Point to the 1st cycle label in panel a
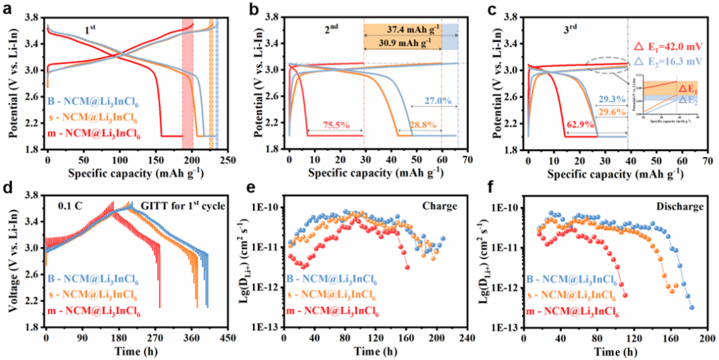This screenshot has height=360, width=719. click(91, 31)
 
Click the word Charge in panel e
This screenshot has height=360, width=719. click(441, 207)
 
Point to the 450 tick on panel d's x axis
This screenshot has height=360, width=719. click(227, 337)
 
